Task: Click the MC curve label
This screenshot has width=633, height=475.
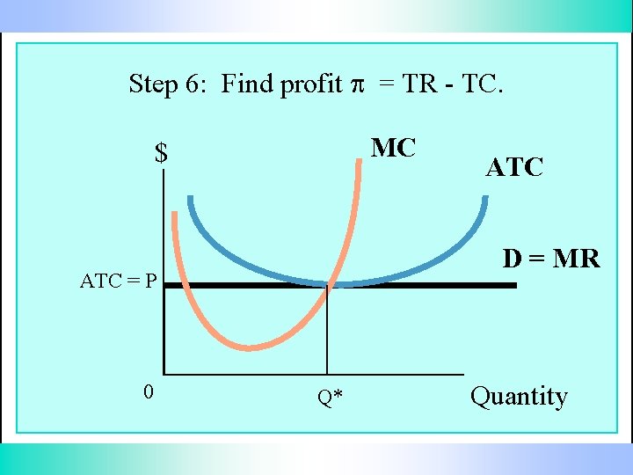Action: tap(393, 148)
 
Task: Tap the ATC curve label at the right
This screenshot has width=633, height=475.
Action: tap(514, 167)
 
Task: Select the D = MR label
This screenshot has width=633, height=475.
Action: tap(551, 259)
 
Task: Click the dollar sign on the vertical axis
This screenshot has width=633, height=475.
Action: tap(161, 154)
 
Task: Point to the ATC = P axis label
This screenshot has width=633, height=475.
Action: tap(119, 281)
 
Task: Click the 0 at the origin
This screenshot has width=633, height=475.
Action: tap(149, 391)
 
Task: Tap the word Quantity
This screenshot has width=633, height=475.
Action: tap(519, 396)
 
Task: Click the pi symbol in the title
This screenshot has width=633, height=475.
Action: tap(357, 84)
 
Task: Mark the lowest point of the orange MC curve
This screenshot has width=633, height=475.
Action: tap(250, 347)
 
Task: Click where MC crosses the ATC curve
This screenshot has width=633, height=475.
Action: tap(328, 283)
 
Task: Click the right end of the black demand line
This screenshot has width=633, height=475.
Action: tap(515, 285)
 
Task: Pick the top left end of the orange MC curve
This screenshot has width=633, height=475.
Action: tap(174, 214)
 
